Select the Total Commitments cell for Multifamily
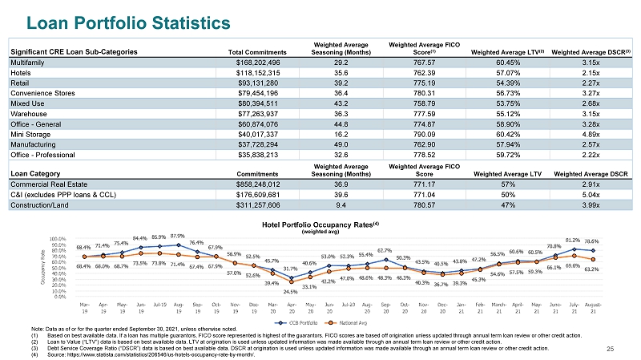pos(257,61)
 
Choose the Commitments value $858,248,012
pos(257,184)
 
